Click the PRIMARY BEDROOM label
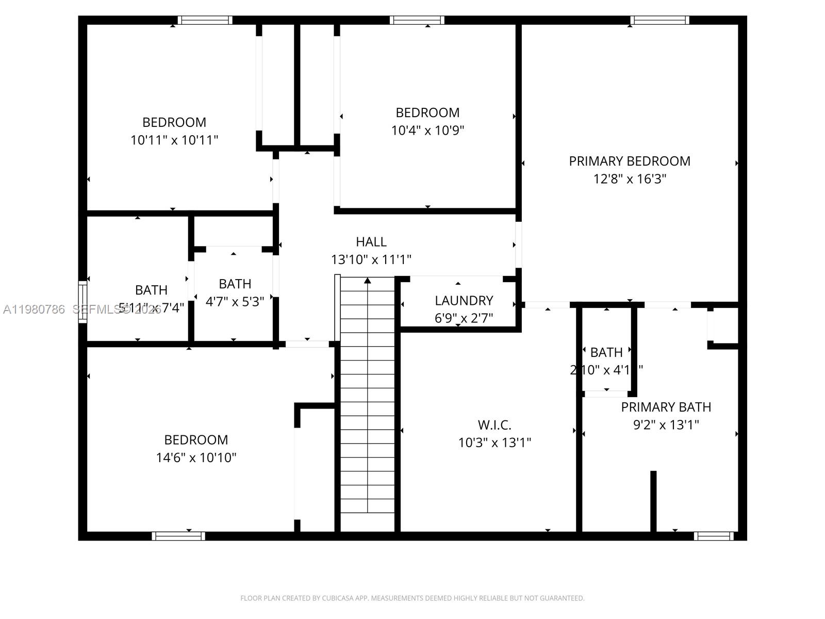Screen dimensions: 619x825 (x=629, y=161)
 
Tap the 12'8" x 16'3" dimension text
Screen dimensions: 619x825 (x=629, y=179)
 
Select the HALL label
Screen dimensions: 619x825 (x=371, y=241)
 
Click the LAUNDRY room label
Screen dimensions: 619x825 (x=464, y=300)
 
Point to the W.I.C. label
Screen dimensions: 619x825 (x=494, y=425)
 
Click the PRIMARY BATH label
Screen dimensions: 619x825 (x=666, y=407)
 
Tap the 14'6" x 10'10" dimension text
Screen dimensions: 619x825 (x=196, y=458)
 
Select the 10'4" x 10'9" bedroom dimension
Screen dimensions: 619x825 (x=427, y=131)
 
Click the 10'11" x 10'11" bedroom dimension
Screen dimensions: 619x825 (x=174, y=140)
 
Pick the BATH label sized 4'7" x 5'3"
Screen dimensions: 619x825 (x=235, y=284)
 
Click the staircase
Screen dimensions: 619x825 (x=367, y=402)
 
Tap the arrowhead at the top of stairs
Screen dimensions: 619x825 (x=367, y=281)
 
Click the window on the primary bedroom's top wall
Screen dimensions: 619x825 (x=659, y=20)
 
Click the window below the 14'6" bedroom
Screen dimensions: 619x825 (x=178, y=536)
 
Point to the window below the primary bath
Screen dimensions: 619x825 (x=713, y=536)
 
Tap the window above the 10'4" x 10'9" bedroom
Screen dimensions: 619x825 (x=417, y=20)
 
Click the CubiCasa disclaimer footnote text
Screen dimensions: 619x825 (x=412, y=598)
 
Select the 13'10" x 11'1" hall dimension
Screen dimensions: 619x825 (x=371, y=259)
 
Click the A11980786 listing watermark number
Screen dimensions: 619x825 (x=34, y=309)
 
